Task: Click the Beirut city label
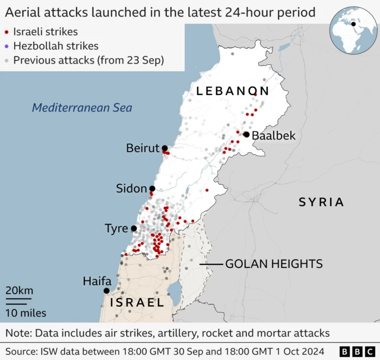pyautogui.click(x=142, y=148)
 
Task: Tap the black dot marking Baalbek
pyautogui.click(x=246, y=135)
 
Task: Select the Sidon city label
pyautogui.click(x=131, y=188)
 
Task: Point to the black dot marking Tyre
pyautogui.click(x=134, y=228)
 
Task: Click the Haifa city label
pyautogui.click(x=97, y=280)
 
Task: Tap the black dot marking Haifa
pyautogui.click(x=107, y=291)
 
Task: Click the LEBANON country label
pyautogui.click(x=233, y=91)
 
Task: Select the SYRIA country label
pyautogui.click(x=321, y=202)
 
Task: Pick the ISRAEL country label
pyautogui.click(x=136, y=302)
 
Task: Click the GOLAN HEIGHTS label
pyautogui.click(x=274, y=264)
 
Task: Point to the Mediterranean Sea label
pyautogui.click(x=82, y=108)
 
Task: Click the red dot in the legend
pyautogui.click(x=7, y=32)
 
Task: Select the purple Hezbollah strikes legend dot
pyautogui.click(x=7, y=46)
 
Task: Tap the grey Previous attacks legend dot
pyautogui.click(x=7, y=59)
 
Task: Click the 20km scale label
pyautogui.click(x=19, y=290)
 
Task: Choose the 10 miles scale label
pyautogui.click(x=26, y=312)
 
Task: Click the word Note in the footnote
pyautogui.click(x=18, y=333)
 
